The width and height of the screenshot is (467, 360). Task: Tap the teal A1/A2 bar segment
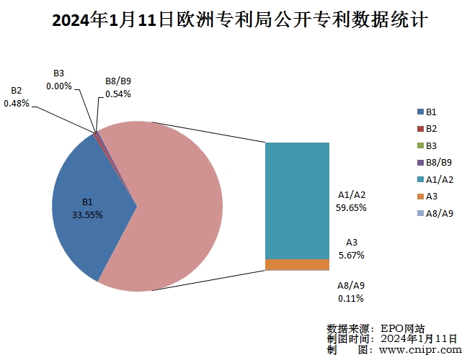[297, 200]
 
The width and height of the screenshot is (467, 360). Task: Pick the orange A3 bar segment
[297, 264]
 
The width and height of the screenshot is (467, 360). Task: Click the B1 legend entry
[430, 112]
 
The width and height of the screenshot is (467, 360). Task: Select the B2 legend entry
[430, 129]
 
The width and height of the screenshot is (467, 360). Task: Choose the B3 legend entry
[430, 146]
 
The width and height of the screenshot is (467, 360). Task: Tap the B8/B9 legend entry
[435, 163]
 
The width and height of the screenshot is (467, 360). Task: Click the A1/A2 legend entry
[435, 179]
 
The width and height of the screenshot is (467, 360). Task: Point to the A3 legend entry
[430, 196]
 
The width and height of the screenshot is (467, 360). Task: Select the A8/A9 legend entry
[435, 213]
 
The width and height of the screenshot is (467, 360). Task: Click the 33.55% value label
[87, 215]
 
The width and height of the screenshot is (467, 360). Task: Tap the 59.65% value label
[352, 207]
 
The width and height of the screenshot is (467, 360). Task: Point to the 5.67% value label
[352, 255]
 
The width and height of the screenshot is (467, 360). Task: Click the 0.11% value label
[351, 298]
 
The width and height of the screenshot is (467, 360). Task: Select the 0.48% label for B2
[17, 103]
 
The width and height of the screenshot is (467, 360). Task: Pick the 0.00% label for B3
[59, 86]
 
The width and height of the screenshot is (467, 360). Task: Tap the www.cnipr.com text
[419, 349]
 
